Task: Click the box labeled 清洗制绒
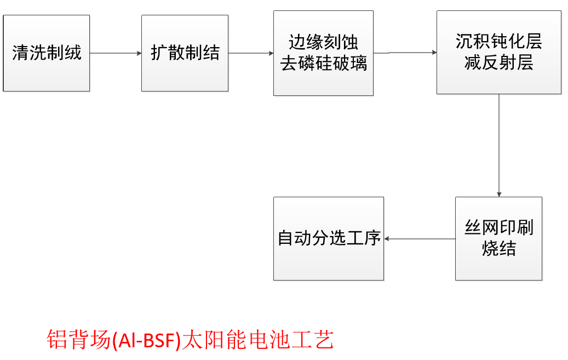coord(47,53)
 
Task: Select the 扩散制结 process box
coord(185,53)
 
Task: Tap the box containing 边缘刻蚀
coord(323,53)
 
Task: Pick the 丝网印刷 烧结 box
coord(498,239)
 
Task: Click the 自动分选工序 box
coord(329,239)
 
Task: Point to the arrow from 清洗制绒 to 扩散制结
coord(116,53)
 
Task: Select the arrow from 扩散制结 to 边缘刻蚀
coord(251,53)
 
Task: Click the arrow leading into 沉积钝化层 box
coord(405,53)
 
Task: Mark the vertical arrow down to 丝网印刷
coord(499,145)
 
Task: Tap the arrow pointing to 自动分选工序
coord(420,239)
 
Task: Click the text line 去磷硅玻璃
coord(324,64)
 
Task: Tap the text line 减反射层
coord(498,63)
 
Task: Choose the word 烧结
coord(498,249)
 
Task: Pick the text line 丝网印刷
coord(498,228)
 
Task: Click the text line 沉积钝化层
coord(498,42)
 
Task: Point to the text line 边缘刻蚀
coord(324,43)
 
